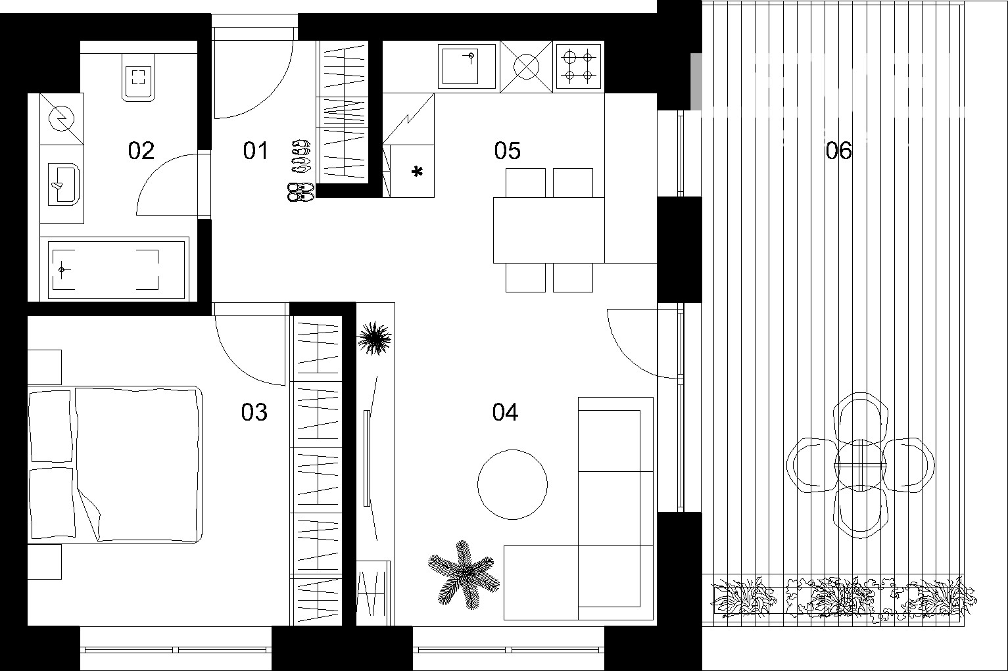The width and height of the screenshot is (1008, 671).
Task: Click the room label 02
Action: [141, 150]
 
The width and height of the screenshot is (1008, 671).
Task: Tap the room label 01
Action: [256, 150]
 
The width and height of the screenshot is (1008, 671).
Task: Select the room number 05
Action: [508, 150]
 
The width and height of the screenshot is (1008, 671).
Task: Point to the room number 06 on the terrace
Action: [838, 150]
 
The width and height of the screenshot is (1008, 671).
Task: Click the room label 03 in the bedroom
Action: [254, 412]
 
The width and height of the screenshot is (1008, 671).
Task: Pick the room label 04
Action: [505, 412]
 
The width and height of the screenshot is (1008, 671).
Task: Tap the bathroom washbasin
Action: [63, 183]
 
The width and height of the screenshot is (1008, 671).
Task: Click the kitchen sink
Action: [468, 65]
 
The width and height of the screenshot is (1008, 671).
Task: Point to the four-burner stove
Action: [579, 66]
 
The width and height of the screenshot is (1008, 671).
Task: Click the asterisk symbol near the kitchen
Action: [417, 173]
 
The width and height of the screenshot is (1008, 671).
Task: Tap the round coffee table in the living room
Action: [512, 484]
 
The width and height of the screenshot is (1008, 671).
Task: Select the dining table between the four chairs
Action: [548, 229]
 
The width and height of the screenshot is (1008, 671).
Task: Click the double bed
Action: [115, 463]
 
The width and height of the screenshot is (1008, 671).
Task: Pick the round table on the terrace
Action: [860, 465]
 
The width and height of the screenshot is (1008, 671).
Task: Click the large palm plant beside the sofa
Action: [463, 572]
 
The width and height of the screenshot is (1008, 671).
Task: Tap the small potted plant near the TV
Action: [375, 338]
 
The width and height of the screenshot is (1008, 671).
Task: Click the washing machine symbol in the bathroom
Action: [62, 119]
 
